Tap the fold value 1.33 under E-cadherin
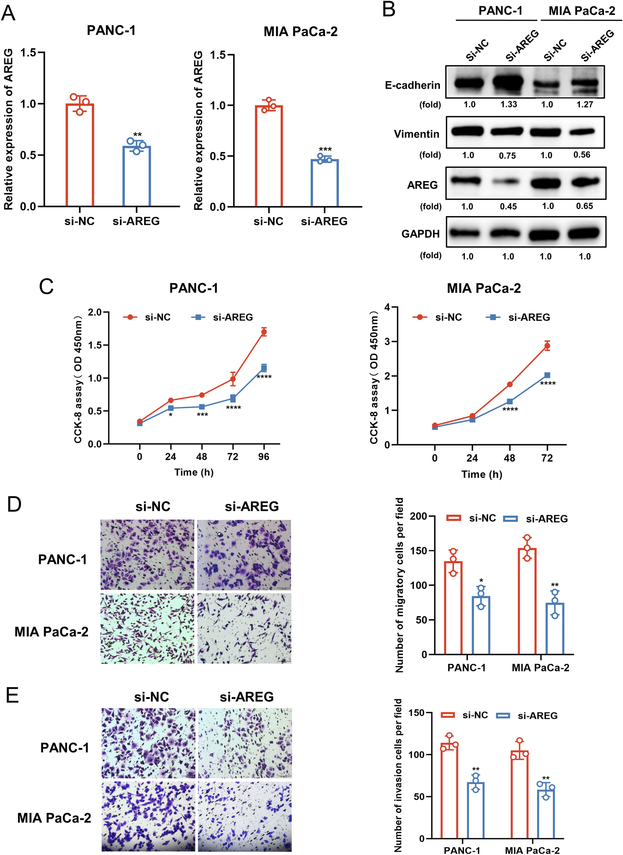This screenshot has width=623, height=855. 509,104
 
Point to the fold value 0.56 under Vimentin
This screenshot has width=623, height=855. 582,155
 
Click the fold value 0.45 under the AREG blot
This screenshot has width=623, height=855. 508,207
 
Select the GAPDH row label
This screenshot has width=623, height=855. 420,234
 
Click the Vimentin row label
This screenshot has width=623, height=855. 416,134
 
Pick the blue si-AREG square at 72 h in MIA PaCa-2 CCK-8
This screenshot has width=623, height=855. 547,375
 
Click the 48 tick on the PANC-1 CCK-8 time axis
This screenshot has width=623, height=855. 202,457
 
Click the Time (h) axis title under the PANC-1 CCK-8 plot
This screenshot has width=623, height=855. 194,472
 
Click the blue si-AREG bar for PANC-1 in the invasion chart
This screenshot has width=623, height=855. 475,816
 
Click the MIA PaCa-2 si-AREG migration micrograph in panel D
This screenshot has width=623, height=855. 244,629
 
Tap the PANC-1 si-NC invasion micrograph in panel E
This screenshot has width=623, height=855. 148,743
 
